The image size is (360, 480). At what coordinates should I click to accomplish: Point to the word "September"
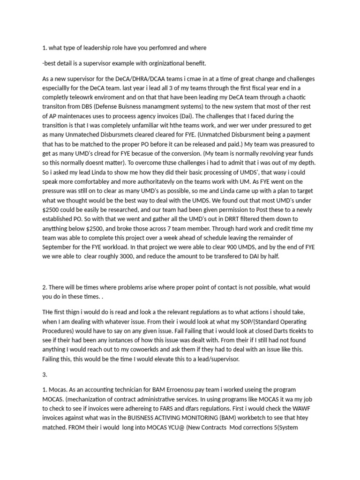(x=59, y=247)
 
